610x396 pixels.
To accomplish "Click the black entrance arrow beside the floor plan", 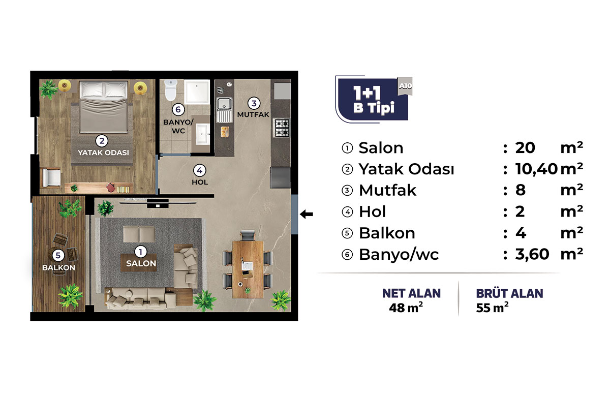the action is [307, 215].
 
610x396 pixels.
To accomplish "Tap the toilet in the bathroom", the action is [171, 90].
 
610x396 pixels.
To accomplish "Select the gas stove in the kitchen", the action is [282, 128].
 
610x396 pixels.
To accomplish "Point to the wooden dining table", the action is [248, 269].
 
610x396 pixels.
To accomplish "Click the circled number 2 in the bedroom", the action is [102, 141].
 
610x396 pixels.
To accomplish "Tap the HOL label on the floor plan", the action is [200, 182].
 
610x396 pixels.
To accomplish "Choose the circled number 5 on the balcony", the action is [58, 256].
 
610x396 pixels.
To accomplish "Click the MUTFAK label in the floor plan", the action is [253, 115].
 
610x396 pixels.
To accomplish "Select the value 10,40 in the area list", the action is [536, 169].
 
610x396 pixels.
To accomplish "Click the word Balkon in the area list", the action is [387, 233].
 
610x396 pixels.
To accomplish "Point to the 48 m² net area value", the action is [406, 308].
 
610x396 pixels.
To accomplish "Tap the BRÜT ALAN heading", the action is [509, 294].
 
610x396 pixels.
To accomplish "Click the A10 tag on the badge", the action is [405, 86].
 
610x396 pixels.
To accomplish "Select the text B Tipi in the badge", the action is [374, 108].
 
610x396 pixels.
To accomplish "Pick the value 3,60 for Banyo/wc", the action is [532, 254].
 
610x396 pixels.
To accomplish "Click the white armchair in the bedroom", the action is [51, 177].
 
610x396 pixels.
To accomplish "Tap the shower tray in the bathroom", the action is [197, 92].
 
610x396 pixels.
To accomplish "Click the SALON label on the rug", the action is [141, 263].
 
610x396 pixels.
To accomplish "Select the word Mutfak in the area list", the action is [387, 190].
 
